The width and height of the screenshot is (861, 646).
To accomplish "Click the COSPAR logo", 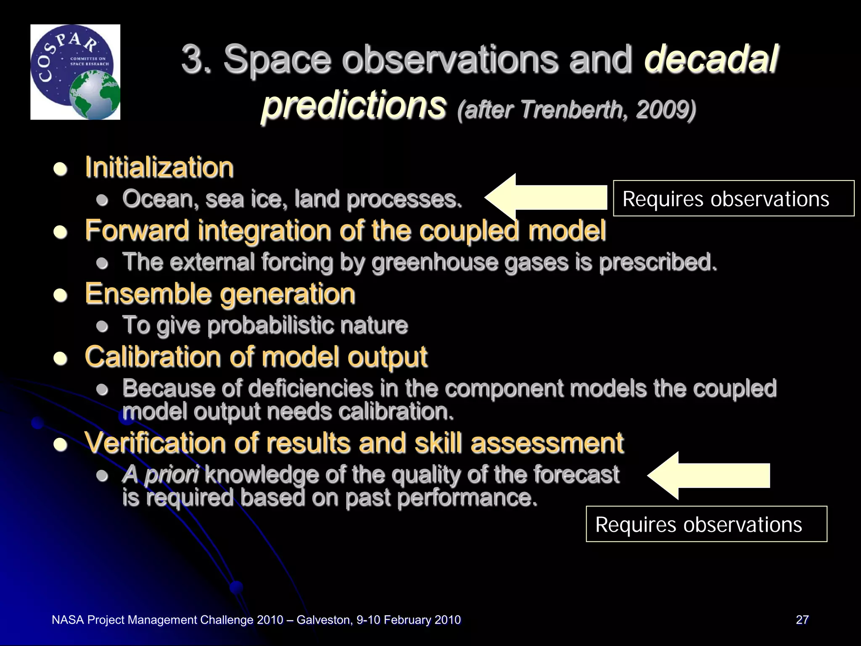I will click(75, 72).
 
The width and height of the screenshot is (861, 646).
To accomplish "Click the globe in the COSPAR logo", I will click(95, 95).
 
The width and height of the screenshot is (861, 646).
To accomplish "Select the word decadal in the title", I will click(710, 59).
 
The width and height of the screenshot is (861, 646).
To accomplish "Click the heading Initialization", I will click(159, 167).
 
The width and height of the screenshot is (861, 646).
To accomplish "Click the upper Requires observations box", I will click(733, 199).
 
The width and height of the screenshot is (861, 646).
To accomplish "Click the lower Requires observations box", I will click(706, 524).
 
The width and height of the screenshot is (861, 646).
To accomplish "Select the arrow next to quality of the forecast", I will click(709, 476).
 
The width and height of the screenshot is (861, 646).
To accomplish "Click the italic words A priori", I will click(160, 474).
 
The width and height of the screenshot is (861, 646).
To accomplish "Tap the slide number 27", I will click(802, 620).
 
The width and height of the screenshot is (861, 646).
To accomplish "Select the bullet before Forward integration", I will click(61, 232).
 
